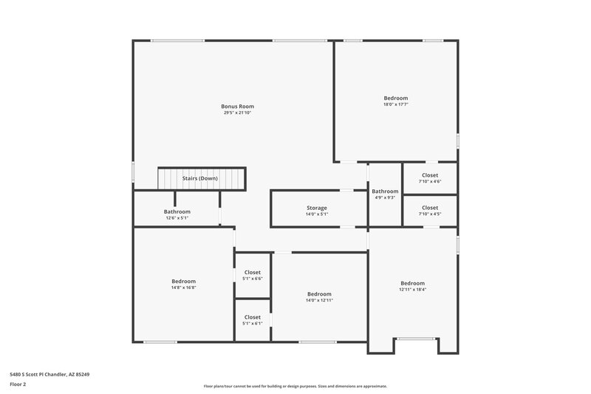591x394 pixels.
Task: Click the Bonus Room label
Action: (x=237, y=106)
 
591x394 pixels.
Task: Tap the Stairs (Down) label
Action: (x=199, y=178)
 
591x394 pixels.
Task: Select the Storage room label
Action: (x=317, y=208)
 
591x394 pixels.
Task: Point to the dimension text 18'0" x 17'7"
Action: (x=395, y=104)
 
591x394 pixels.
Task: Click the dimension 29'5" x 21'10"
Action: (x=237, y=112)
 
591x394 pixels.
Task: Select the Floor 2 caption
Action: (x=18, y=384)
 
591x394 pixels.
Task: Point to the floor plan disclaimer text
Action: (x=295, y=386)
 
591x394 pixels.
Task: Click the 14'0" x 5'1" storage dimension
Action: (x=317, y=214)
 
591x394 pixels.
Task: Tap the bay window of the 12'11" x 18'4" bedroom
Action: (x=413, y=340)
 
